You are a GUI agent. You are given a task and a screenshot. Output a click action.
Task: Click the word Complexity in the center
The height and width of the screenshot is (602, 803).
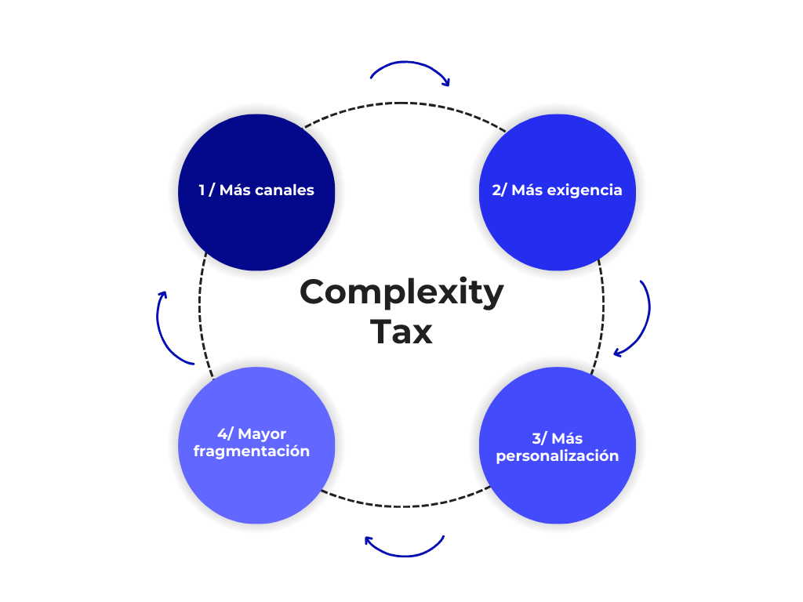[401, 292]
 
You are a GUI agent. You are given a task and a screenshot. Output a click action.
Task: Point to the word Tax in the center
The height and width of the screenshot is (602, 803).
[401, 332]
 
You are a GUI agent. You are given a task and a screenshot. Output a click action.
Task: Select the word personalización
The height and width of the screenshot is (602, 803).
[557, 456]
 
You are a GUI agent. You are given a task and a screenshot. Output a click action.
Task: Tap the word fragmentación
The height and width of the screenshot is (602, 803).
[251, 451]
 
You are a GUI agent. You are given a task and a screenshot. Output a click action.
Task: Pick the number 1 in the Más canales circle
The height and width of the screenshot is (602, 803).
[202, 190]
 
